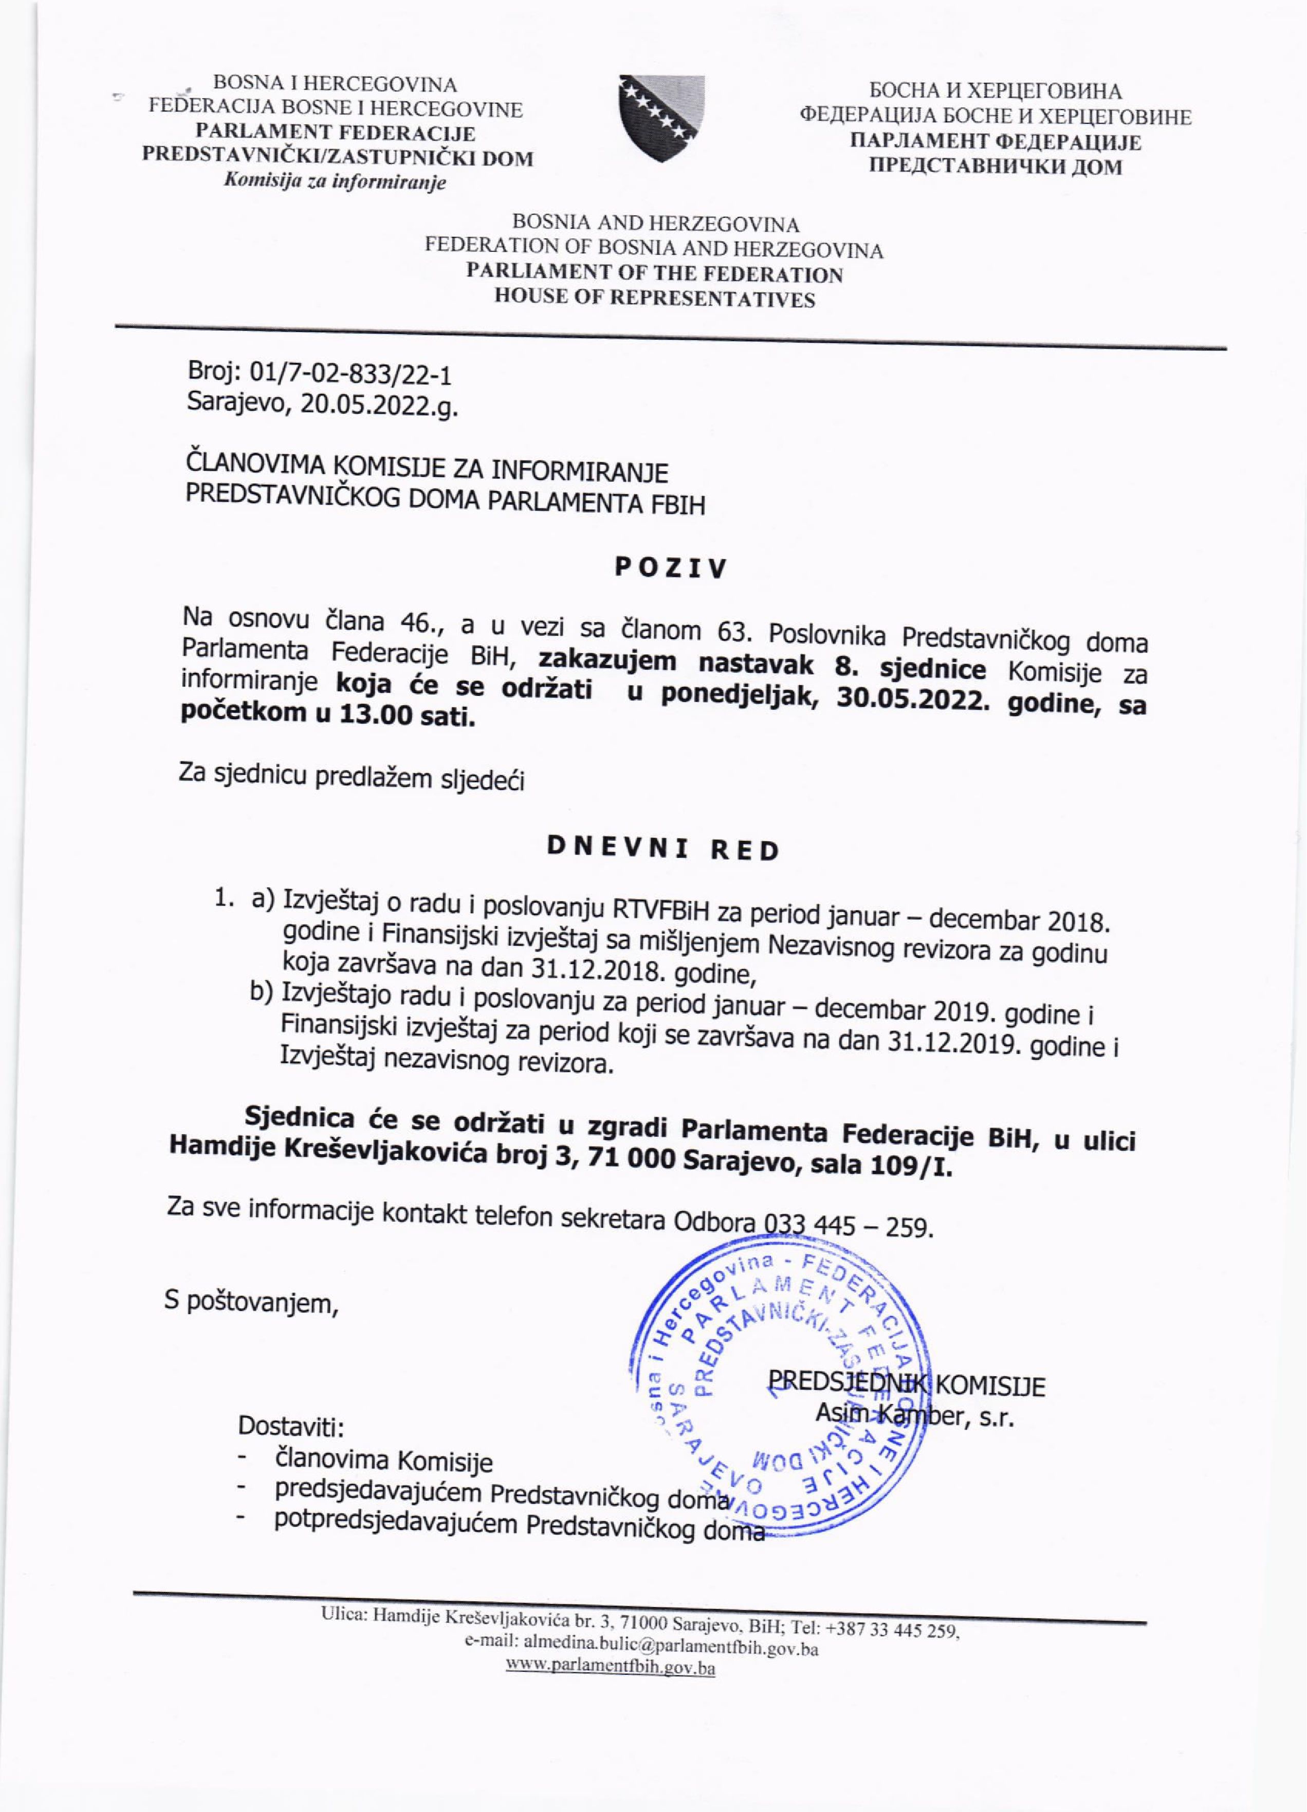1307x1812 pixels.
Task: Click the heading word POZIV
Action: [x=671, y=567]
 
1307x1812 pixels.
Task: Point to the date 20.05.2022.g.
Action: [x=379, y=406]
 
